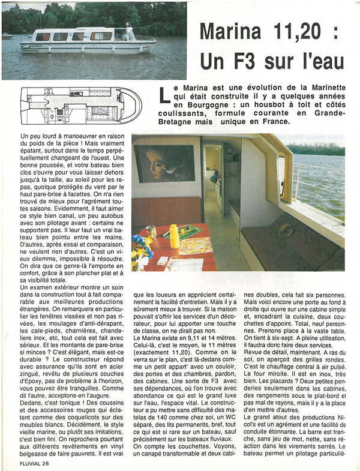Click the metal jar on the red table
(151, 231)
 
